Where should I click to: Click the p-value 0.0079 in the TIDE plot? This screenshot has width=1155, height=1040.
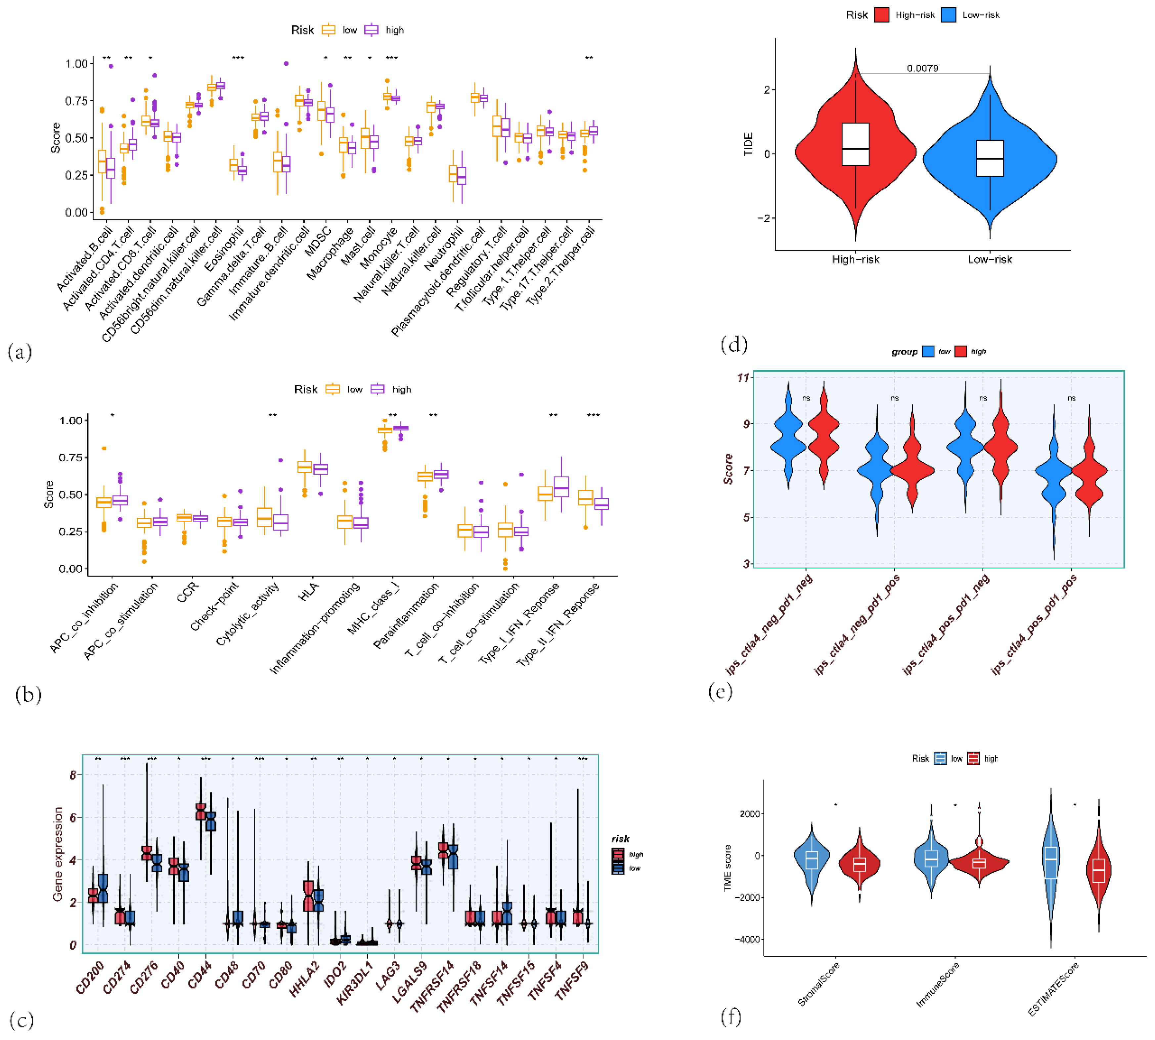coord(922,69)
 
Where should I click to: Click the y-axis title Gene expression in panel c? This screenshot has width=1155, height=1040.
coord(58,854)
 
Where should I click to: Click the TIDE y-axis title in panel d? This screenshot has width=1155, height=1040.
coord(748,145)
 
